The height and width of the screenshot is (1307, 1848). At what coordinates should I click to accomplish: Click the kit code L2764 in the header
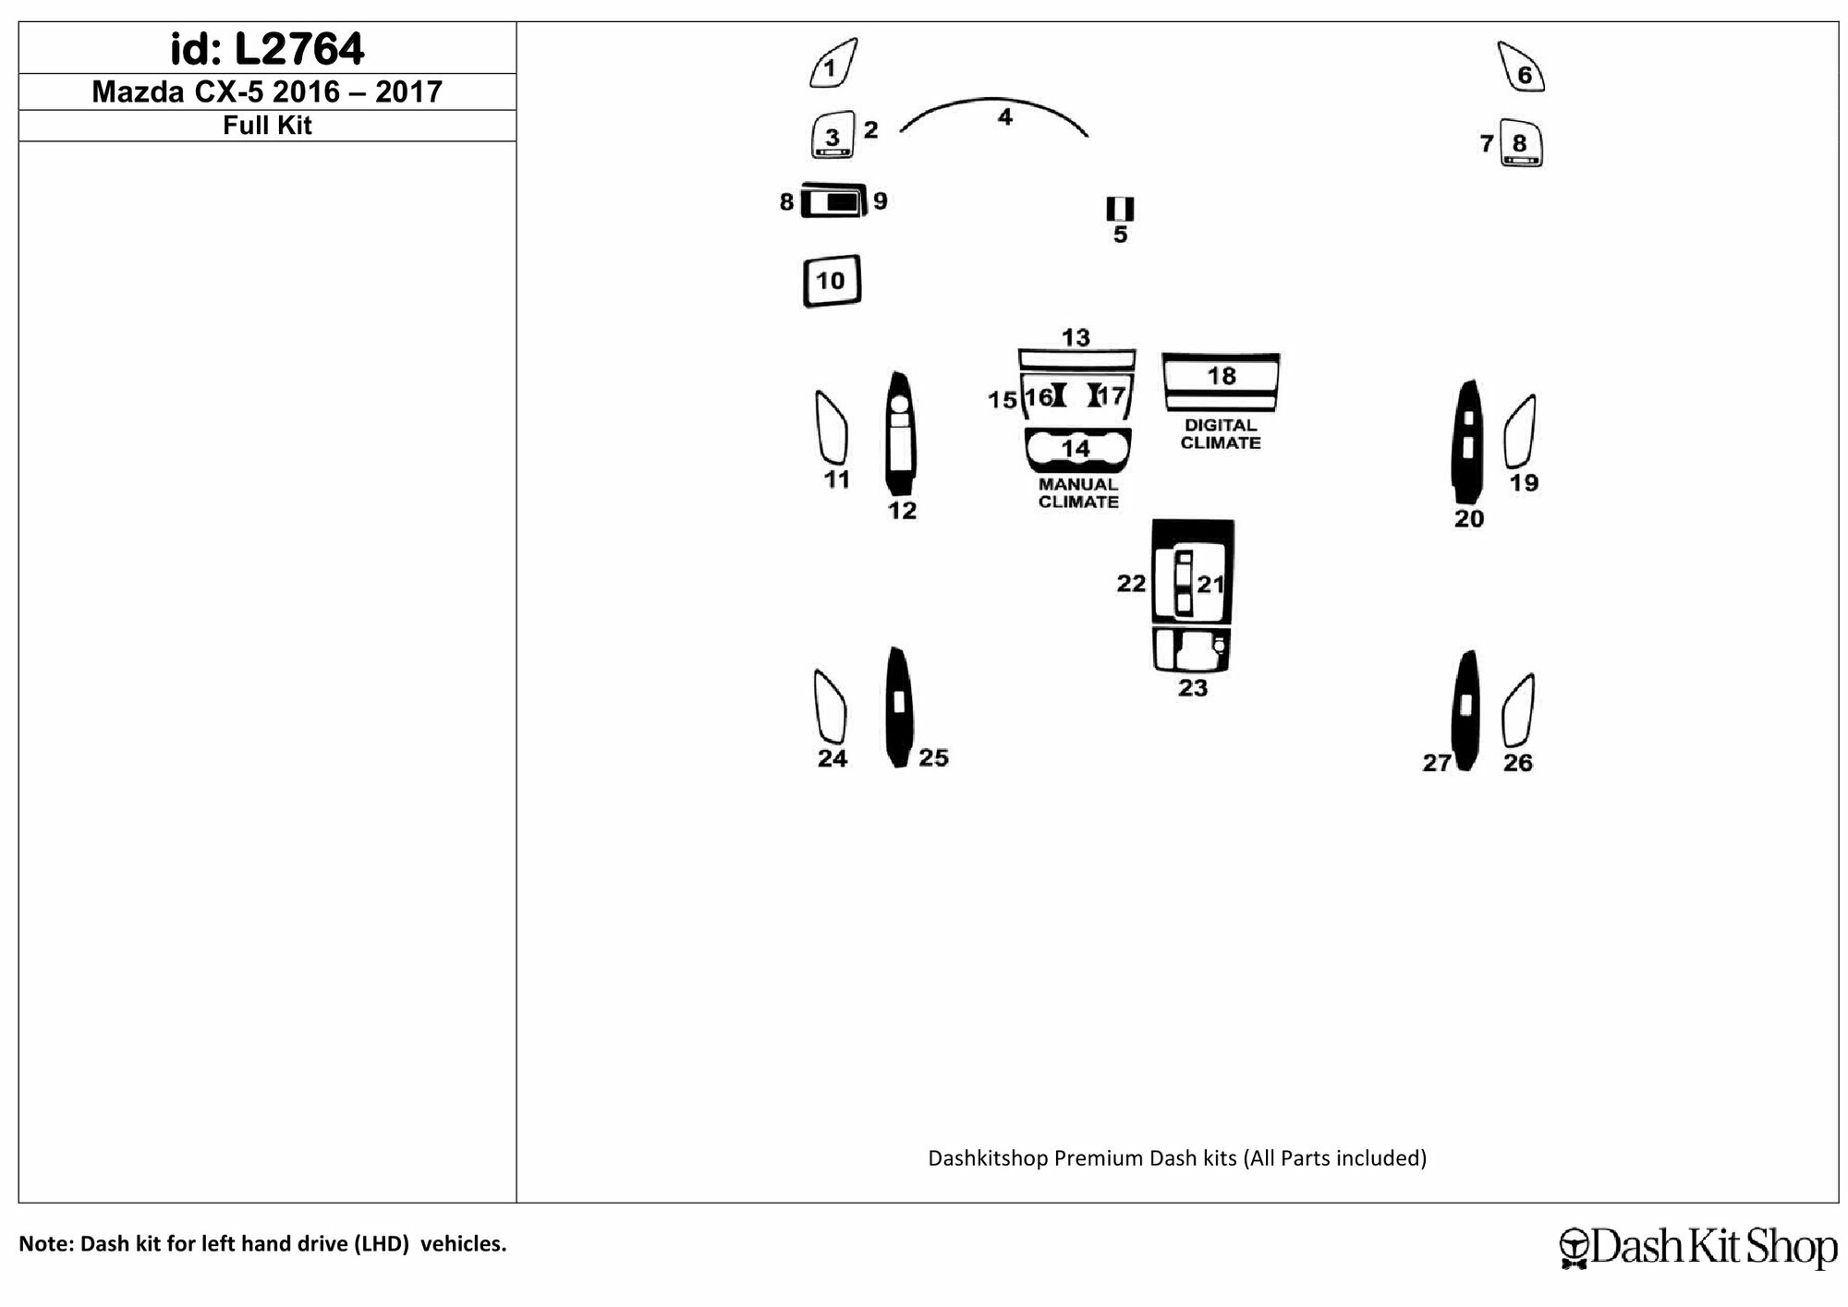tap(299, 49)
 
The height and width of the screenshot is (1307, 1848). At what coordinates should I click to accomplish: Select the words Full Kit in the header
tap(267, 126)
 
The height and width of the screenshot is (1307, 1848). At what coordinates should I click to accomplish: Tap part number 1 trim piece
tap(833, 64)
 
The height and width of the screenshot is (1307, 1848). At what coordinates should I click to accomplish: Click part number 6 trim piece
tap(1521, 67)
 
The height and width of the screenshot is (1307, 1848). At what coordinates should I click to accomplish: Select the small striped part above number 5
tap(1120, 208)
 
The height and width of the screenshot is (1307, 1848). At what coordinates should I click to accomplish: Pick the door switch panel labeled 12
tap(900, 433)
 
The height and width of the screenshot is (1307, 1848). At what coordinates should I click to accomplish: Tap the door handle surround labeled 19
tap(1520, 431)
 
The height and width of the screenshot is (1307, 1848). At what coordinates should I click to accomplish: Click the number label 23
tap(1193, 688)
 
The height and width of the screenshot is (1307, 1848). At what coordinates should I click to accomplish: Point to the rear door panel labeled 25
tap(898, 707)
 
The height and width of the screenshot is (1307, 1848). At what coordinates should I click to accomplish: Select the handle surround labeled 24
tap(830, 707)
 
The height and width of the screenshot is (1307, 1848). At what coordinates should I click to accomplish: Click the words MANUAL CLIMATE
tap(1078, 493)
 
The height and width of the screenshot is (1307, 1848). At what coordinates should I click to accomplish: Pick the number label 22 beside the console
tap(1131, 584)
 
